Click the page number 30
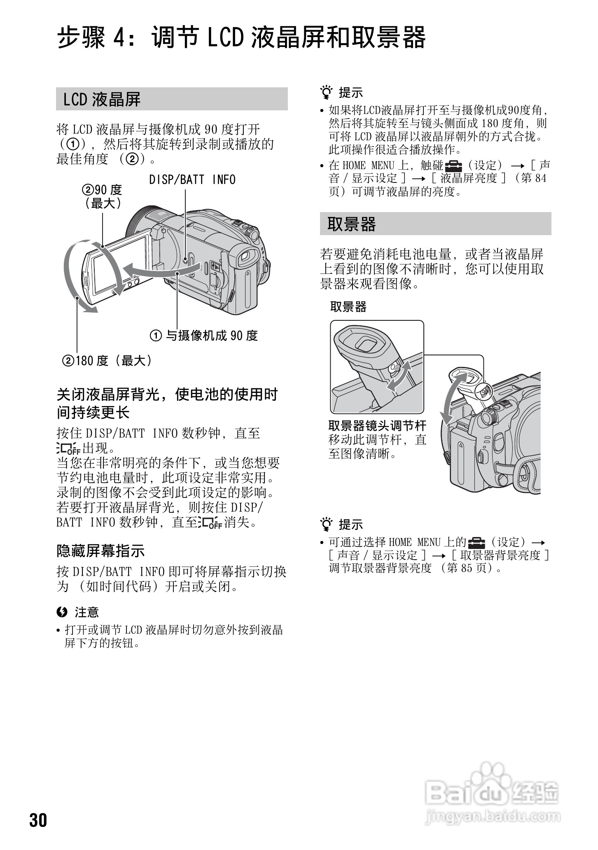[38, 820]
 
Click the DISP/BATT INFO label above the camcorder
[192, 180]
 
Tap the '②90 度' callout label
[103, 190]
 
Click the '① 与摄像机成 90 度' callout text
[204, 336]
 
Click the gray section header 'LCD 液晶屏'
[171, 99]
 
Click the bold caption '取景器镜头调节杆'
[377, 425]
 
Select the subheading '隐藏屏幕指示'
[100, 551]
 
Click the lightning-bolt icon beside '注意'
[62, 612]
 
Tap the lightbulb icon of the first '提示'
[327, 93]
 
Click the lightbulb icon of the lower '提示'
[327, 524]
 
